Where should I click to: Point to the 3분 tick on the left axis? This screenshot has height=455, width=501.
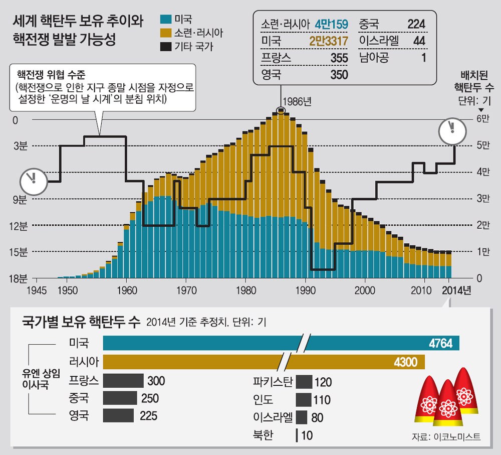(21, 146)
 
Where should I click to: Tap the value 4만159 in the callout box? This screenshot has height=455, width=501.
(331, 25)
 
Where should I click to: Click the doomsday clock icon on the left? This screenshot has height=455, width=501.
(33, 181)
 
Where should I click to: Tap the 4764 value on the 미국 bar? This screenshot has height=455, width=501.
(441, 343)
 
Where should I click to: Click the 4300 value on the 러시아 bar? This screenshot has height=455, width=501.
(405, 362)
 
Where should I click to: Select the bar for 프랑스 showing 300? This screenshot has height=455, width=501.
(123, 381)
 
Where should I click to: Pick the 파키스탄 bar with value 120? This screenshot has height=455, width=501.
(304, 382)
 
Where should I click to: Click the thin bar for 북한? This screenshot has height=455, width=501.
(298, 435)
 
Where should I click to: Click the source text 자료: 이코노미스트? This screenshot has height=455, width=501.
(446, 436)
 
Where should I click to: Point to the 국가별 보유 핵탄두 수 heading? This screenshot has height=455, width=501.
(79, 322)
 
